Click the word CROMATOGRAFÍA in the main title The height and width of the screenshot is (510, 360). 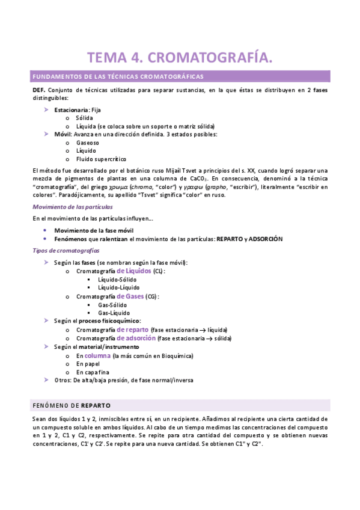click(206, 58)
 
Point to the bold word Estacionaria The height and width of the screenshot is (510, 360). click(71, 110)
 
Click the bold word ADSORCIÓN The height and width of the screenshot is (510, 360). click(265, 239)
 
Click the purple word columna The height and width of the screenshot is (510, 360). click(97, 355)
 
